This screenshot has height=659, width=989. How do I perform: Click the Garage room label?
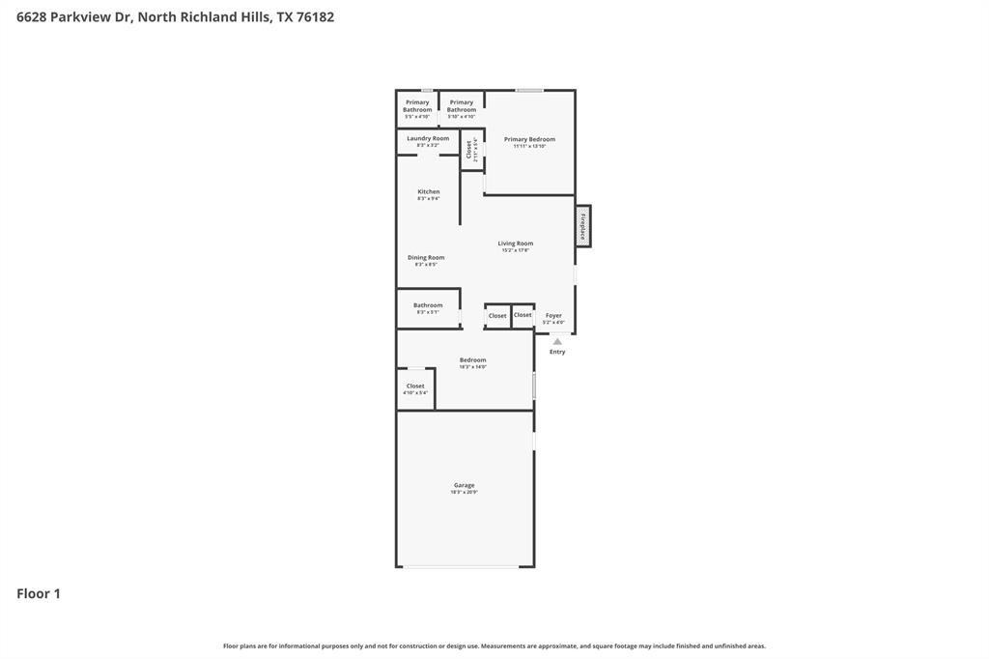(x=464, y=485)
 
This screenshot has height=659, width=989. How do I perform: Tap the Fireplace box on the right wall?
(x=583, y=226)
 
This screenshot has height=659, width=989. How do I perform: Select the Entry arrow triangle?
(x=557, y=341)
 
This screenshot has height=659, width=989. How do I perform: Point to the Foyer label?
(x=553, y=315)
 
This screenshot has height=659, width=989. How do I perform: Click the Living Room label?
(x=516, y=244)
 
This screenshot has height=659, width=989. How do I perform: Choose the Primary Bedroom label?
(x=529, y=139)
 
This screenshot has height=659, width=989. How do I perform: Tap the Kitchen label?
(x=428, y=191)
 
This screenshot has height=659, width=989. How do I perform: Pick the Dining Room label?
(x=426, y=257)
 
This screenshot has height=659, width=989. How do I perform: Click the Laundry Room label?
(x=428, y=138)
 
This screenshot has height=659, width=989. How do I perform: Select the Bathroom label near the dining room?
(x=428, y=305)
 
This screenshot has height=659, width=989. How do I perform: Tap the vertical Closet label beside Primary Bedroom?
(x=469, y=150)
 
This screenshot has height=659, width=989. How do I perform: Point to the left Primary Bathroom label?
(x=417, y=105)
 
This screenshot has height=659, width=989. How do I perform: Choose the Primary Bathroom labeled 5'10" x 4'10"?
(x=462, y=105)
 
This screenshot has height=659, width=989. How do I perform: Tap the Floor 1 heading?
(x=39, y=593)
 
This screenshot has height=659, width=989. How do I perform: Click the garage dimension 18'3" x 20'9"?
(x=464, y=492)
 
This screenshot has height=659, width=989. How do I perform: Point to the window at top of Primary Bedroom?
(x=529, y=91)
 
